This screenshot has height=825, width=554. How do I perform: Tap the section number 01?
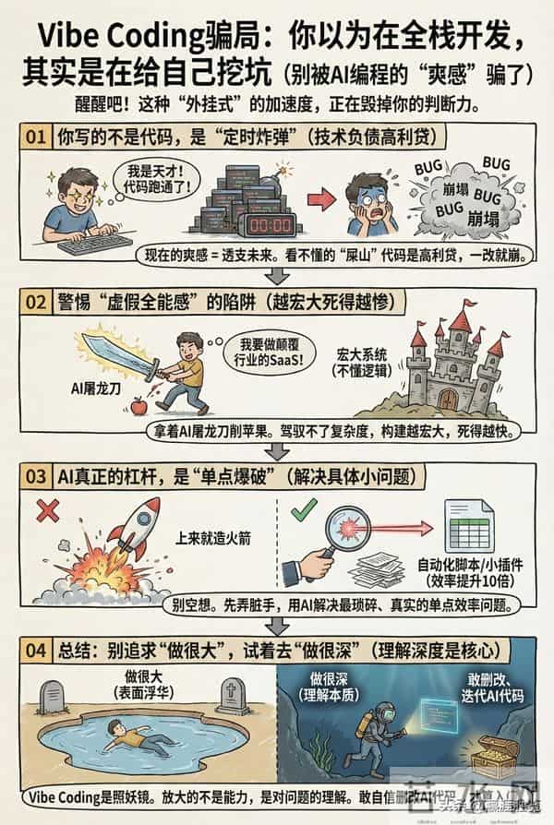pos(35,137)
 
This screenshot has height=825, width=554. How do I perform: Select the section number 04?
pos(35,651)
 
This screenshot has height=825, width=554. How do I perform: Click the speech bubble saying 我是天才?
pos(141,177)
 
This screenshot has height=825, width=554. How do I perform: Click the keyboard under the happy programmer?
pos(93,244)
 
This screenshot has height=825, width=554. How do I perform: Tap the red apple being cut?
pos(138,404)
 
